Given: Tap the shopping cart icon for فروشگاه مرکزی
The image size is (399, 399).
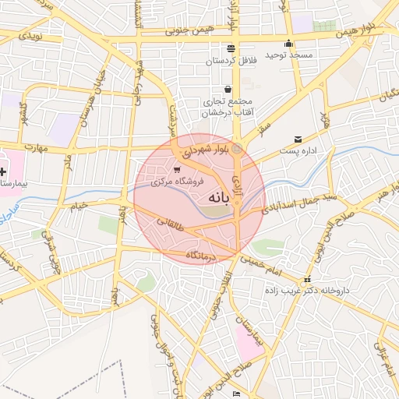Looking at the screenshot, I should pos(178,169).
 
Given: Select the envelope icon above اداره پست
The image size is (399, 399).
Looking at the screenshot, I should pos(298,139).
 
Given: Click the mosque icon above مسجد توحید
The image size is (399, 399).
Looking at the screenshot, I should pos(288,44).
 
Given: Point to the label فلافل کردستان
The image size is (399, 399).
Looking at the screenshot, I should pos(232,60).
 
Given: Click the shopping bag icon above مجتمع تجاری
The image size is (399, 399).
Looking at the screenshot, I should pos(227,90).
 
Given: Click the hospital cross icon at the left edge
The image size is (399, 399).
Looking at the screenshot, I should pos(4,170).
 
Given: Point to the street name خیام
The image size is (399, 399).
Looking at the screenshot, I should pos(80,207).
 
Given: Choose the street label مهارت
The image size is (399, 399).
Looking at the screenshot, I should pos(35,147).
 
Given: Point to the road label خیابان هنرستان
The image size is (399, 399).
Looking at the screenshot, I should pos(88,97).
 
